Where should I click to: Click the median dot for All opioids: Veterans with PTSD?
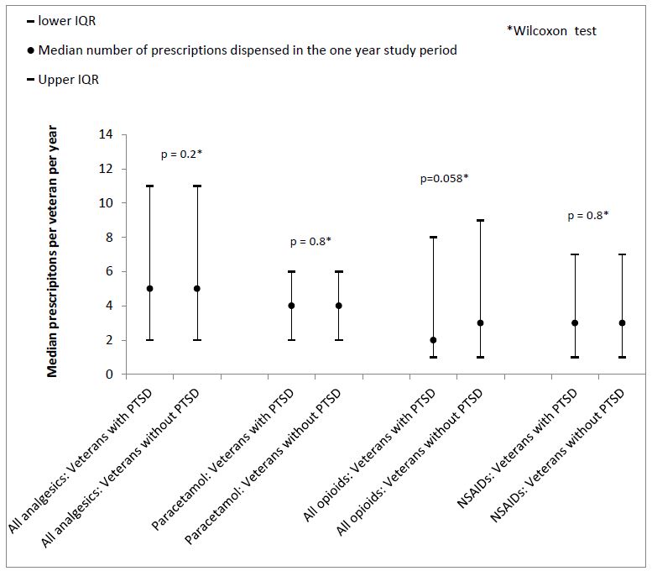click(x=433, y=340)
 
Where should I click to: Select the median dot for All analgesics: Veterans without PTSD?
click(x=197, y=288)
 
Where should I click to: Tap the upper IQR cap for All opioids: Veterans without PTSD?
click(x=480, y=220)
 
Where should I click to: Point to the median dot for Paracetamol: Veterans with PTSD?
click(x=291, y=306)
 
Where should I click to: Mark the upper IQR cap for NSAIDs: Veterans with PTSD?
click(x=575, y=254)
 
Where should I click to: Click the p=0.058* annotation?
click(x=443, y=178)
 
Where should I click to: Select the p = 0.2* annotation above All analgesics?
click(x=182, y=155)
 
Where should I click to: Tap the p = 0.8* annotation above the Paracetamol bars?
click(x=310, y=242)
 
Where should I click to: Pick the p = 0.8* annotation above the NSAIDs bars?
click(x=587, y=215)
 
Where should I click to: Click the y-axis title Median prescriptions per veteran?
click(x=53, y=252)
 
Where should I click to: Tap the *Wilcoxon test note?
click(x=551, y=31)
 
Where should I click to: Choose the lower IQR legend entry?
click(x=67, y=20)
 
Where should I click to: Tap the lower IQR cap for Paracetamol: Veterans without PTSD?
click(x=338, y=340)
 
